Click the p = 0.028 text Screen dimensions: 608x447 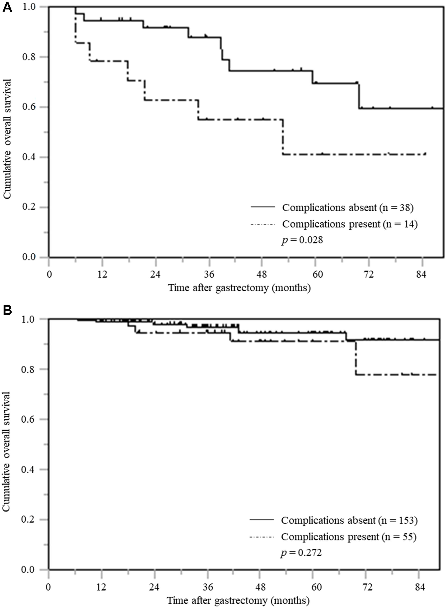tap(302, 240)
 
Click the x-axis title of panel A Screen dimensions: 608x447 tap(239, 288)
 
